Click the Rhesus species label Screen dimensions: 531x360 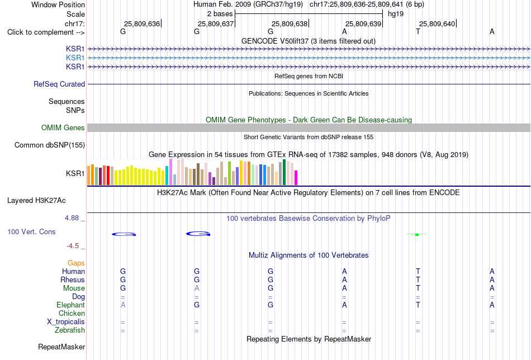(x=73, y=280)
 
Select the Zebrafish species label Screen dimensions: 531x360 (x=70, y=330)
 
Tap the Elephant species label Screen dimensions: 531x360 (x=70, y=305)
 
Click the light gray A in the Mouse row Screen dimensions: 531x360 (x=197, y=288)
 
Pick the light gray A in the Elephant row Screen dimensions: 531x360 (x=123, y=305)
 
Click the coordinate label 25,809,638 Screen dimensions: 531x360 (x=290, y=23)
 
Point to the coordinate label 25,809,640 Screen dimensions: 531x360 (x=437, y=23)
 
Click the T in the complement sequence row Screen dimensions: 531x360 (x=418, y=31)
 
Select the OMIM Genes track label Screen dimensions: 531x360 (x=63, y=127)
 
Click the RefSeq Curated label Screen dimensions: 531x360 (x=59, y=84)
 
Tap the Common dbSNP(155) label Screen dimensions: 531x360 (x=50, y=145)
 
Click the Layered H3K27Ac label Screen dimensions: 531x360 (x=36, y=201)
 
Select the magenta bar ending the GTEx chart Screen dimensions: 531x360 (x=296, y=178)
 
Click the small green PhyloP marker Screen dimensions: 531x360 (x=417, y=234)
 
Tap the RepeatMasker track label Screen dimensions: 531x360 (x=61, y=347)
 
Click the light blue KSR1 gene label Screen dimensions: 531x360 (x=75, y=58)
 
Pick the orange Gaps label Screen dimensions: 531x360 (x=76, y=263)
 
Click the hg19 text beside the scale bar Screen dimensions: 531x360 (x=396, y=14)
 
